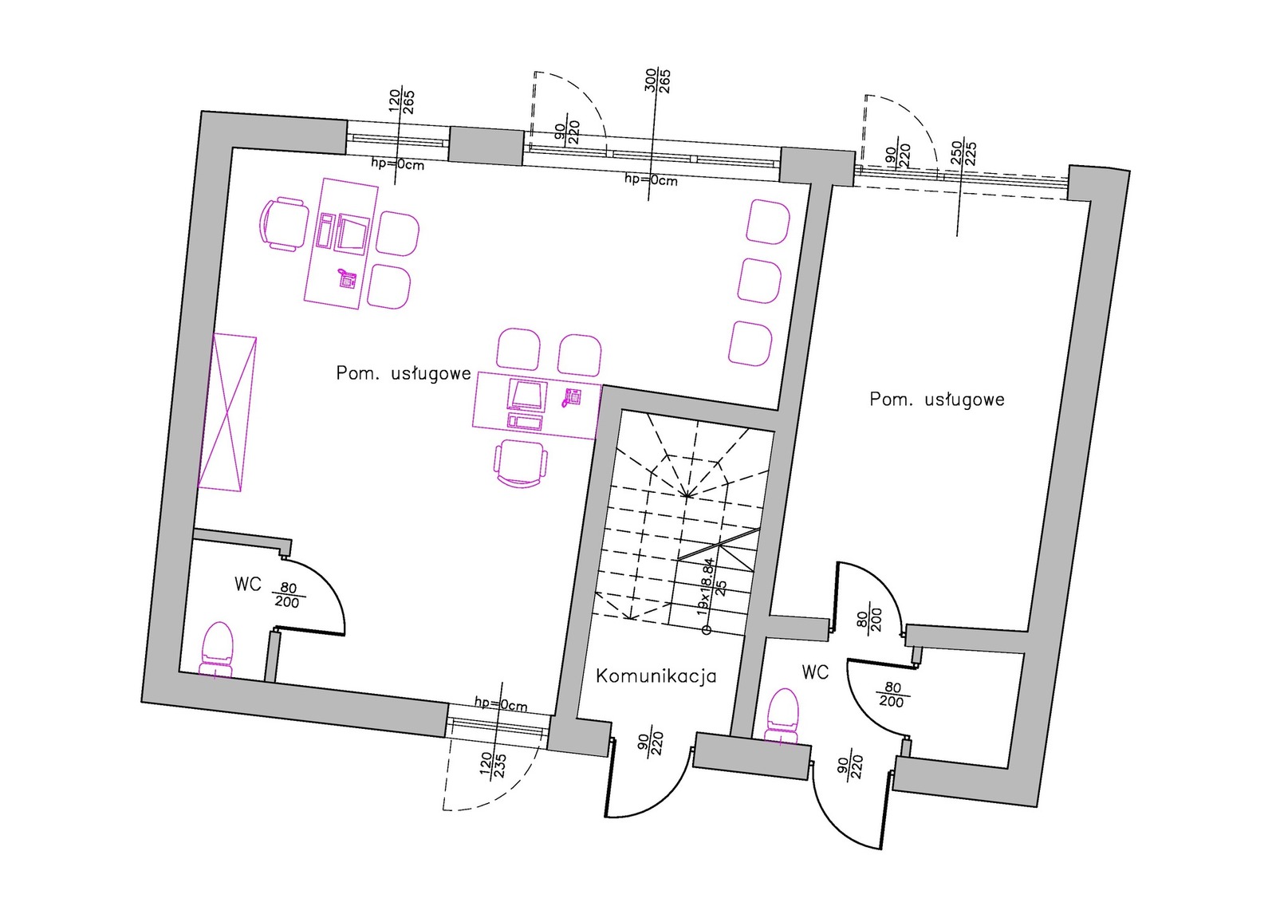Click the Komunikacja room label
(x=656, y=676)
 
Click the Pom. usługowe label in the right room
(x=936, y=399)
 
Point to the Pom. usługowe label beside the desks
(x=403, y=373)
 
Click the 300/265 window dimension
(x=657, y=81)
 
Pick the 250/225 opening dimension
(x=963, y=154)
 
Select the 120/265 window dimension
(x=401, y=102)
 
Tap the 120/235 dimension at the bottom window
(x=493, y=764)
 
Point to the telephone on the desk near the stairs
(x=571, y=397)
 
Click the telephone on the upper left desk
(x=347, y=278)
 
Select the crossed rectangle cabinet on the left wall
(x=227, y=412)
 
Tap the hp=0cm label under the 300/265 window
(x=651, y=180)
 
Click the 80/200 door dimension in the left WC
(x=288, y=595)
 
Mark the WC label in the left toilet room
(x=247, y=585)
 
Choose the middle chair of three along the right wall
(x=758, y=282)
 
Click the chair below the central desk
(x=522, y=463)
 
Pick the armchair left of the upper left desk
(x=283, y=224)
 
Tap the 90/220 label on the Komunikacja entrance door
(x=650, y=744)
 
